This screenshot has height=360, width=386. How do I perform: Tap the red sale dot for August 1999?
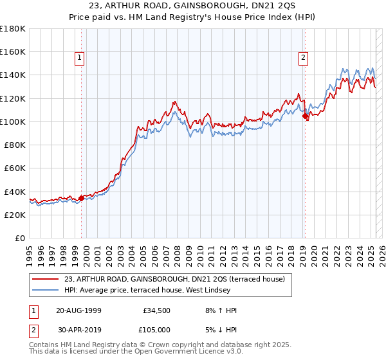(82, 198)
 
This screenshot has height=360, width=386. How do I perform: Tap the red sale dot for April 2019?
(306, 116)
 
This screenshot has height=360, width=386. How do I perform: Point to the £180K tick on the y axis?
(13, 29)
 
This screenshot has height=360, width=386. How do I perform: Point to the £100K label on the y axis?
(13, 122)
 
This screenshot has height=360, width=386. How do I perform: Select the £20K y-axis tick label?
(15, 215)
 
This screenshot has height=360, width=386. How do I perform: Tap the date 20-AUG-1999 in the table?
(78, 310)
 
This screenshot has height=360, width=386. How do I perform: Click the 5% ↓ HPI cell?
(219, 329)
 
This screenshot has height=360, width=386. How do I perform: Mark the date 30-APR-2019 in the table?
(78, 329)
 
